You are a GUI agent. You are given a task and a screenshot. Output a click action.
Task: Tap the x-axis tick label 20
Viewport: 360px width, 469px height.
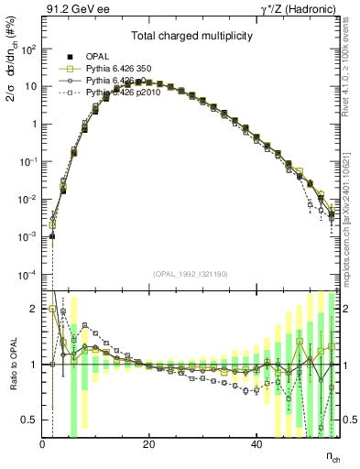[x=149, y=443]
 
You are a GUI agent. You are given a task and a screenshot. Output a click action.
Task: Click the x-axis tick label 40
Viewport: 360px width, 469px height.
[x=256, y=443]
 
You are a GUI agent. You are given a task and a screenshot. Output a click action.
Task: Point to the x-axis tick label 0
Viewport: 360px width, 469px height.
[x=43, y=443]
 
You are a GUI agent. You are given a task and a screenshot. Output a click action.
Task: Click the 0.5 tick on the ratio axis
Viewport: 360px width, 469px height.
[x=29, y=420]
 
